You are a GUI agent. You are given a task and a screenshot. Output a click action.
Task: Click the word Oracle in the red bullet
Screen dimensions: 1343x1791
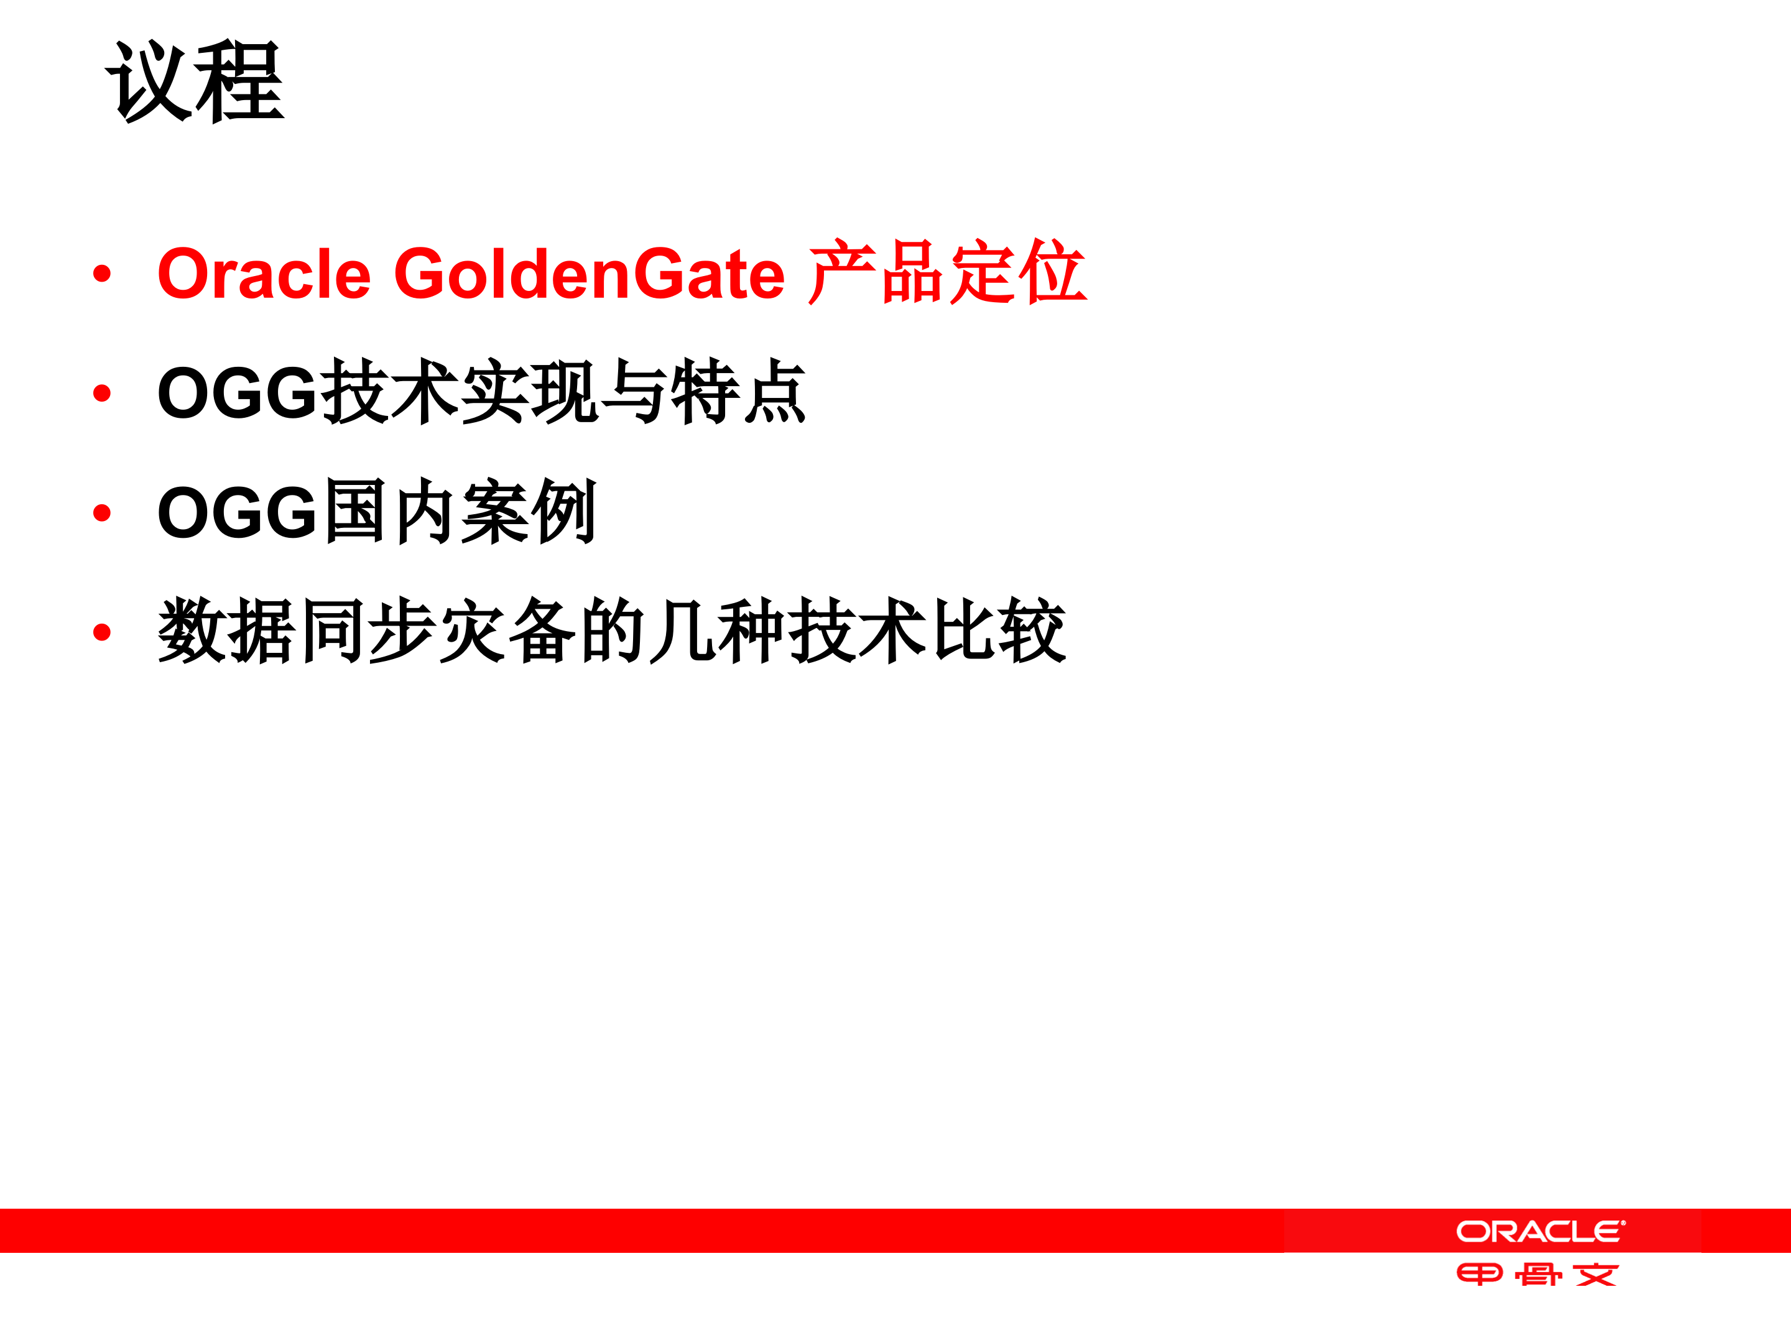click(x=263, y=274)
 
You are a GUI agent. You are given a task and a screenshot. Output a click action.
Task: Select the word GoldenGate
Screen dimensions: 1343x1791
click(x=589, y=274)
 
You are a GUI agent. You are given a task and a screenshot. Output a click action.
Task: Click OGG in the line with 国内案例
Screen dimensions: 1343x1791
click(x=236, y=512)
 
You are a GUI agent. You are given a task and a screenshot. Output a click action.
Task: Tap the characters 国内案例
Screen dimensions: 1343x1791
click(x=460, y=512)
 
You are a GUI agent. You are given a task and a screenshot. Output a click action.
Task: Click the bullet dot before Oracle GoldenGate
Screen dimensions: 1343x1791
click(x=102, y=274)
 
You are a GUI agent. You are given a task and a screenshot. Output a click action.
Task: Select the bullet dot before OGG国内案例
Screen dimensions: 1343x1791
click(x=102, y=512)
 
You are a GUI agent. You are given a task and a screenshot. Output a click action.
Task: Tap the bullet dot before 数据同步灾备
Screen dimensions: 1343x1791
click(x=102, y=632)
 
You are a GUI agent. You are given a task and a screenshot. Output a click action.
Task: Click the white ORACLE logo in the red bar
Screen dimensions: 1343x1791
click(x=1540, y=1231)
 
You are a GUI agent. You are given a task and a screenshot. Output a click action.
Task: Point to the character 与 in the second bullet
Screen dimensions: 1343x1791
click(x=634, y=392)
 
